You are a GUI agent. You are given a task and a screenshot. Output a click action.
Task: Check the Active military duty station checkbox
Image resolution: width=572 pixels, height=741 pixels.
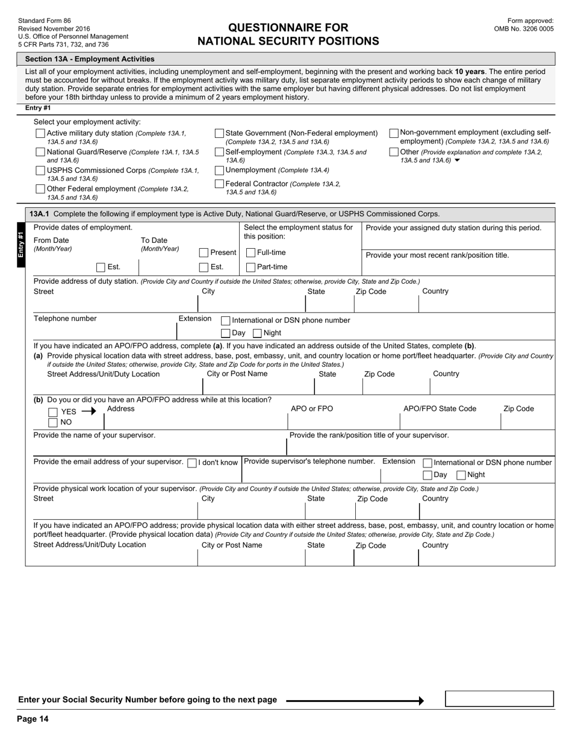click(40, 133)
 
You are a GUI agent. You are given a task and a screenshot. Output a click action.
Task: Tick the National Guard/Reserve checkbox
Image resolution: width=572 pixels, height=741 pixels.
click(40, 152)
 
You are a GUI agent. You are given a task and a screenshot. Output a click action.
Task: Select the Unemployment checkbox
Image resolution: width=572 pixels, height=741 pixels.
click(220, 170)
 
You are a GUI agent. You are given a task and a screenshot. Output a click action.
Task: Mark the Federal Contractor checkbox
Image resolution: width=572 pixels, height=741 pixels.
click(220, 184)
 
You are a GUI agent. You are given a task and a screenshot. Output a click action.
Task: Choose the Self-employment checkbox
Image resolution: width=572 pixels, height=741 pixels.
click(220, 152)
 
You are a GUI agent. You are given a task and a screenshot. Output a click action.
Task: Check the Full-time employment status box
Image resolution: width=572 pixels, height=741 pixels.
click(251, 252)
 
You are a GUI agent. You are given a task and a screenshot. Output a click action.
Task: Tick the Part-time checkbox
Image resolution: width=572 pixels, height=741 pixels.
click(251, 267)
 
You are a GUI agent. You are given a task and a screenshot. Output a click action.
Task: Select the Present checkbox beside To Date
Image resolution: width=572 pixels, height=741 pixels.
click(204, 252)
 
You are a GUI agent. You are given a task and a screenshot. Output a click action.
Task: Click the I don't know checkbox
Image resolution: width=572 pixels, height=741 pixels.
click(192, 463)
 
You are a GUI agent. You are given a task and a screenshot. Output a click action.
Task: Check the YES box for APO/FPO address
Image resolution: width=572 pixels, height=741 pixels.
click(53, 412)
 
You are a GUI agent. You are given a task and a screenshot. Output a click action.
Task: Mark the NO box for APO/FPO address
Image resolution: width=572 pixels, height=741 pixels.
click(53, 422)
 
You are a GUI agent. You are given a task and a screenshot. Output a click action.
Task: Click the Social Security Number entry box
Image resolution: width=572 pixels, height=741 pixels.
click(499, 699)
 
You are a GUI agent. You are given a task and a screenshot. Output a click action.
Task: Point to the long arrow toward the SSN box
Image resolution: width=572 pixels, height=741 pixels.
click(355, 701)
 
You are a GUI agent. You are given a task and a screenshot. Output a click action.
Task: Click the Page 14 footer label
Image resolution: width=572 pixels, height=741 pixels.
click(33, 719)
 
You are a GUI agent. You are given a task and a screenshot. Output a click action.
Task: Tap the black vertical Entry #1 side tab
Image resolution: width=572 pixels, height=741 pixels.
click(21, 245)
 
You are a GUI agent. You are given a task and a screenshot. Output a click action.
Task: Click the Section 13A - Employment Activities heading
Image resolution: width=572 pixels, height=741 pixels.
click(89, 59)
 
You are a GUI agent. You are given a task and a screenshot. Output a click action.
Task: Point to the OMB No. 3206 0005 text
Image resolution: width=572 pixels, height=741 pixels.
click(523, 28)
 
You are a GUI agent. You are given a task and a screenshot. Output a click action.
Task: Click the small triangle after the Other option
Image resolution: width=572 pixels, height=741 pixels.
click(457, 161)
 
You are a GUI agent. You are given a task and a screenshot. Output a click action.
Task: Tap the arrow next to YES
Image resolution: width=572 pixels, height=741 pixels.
click(89, 411)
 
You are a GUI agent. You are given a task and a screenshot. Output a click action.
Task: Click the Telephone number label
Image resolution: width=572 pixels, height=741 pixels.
click(65, 319)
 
